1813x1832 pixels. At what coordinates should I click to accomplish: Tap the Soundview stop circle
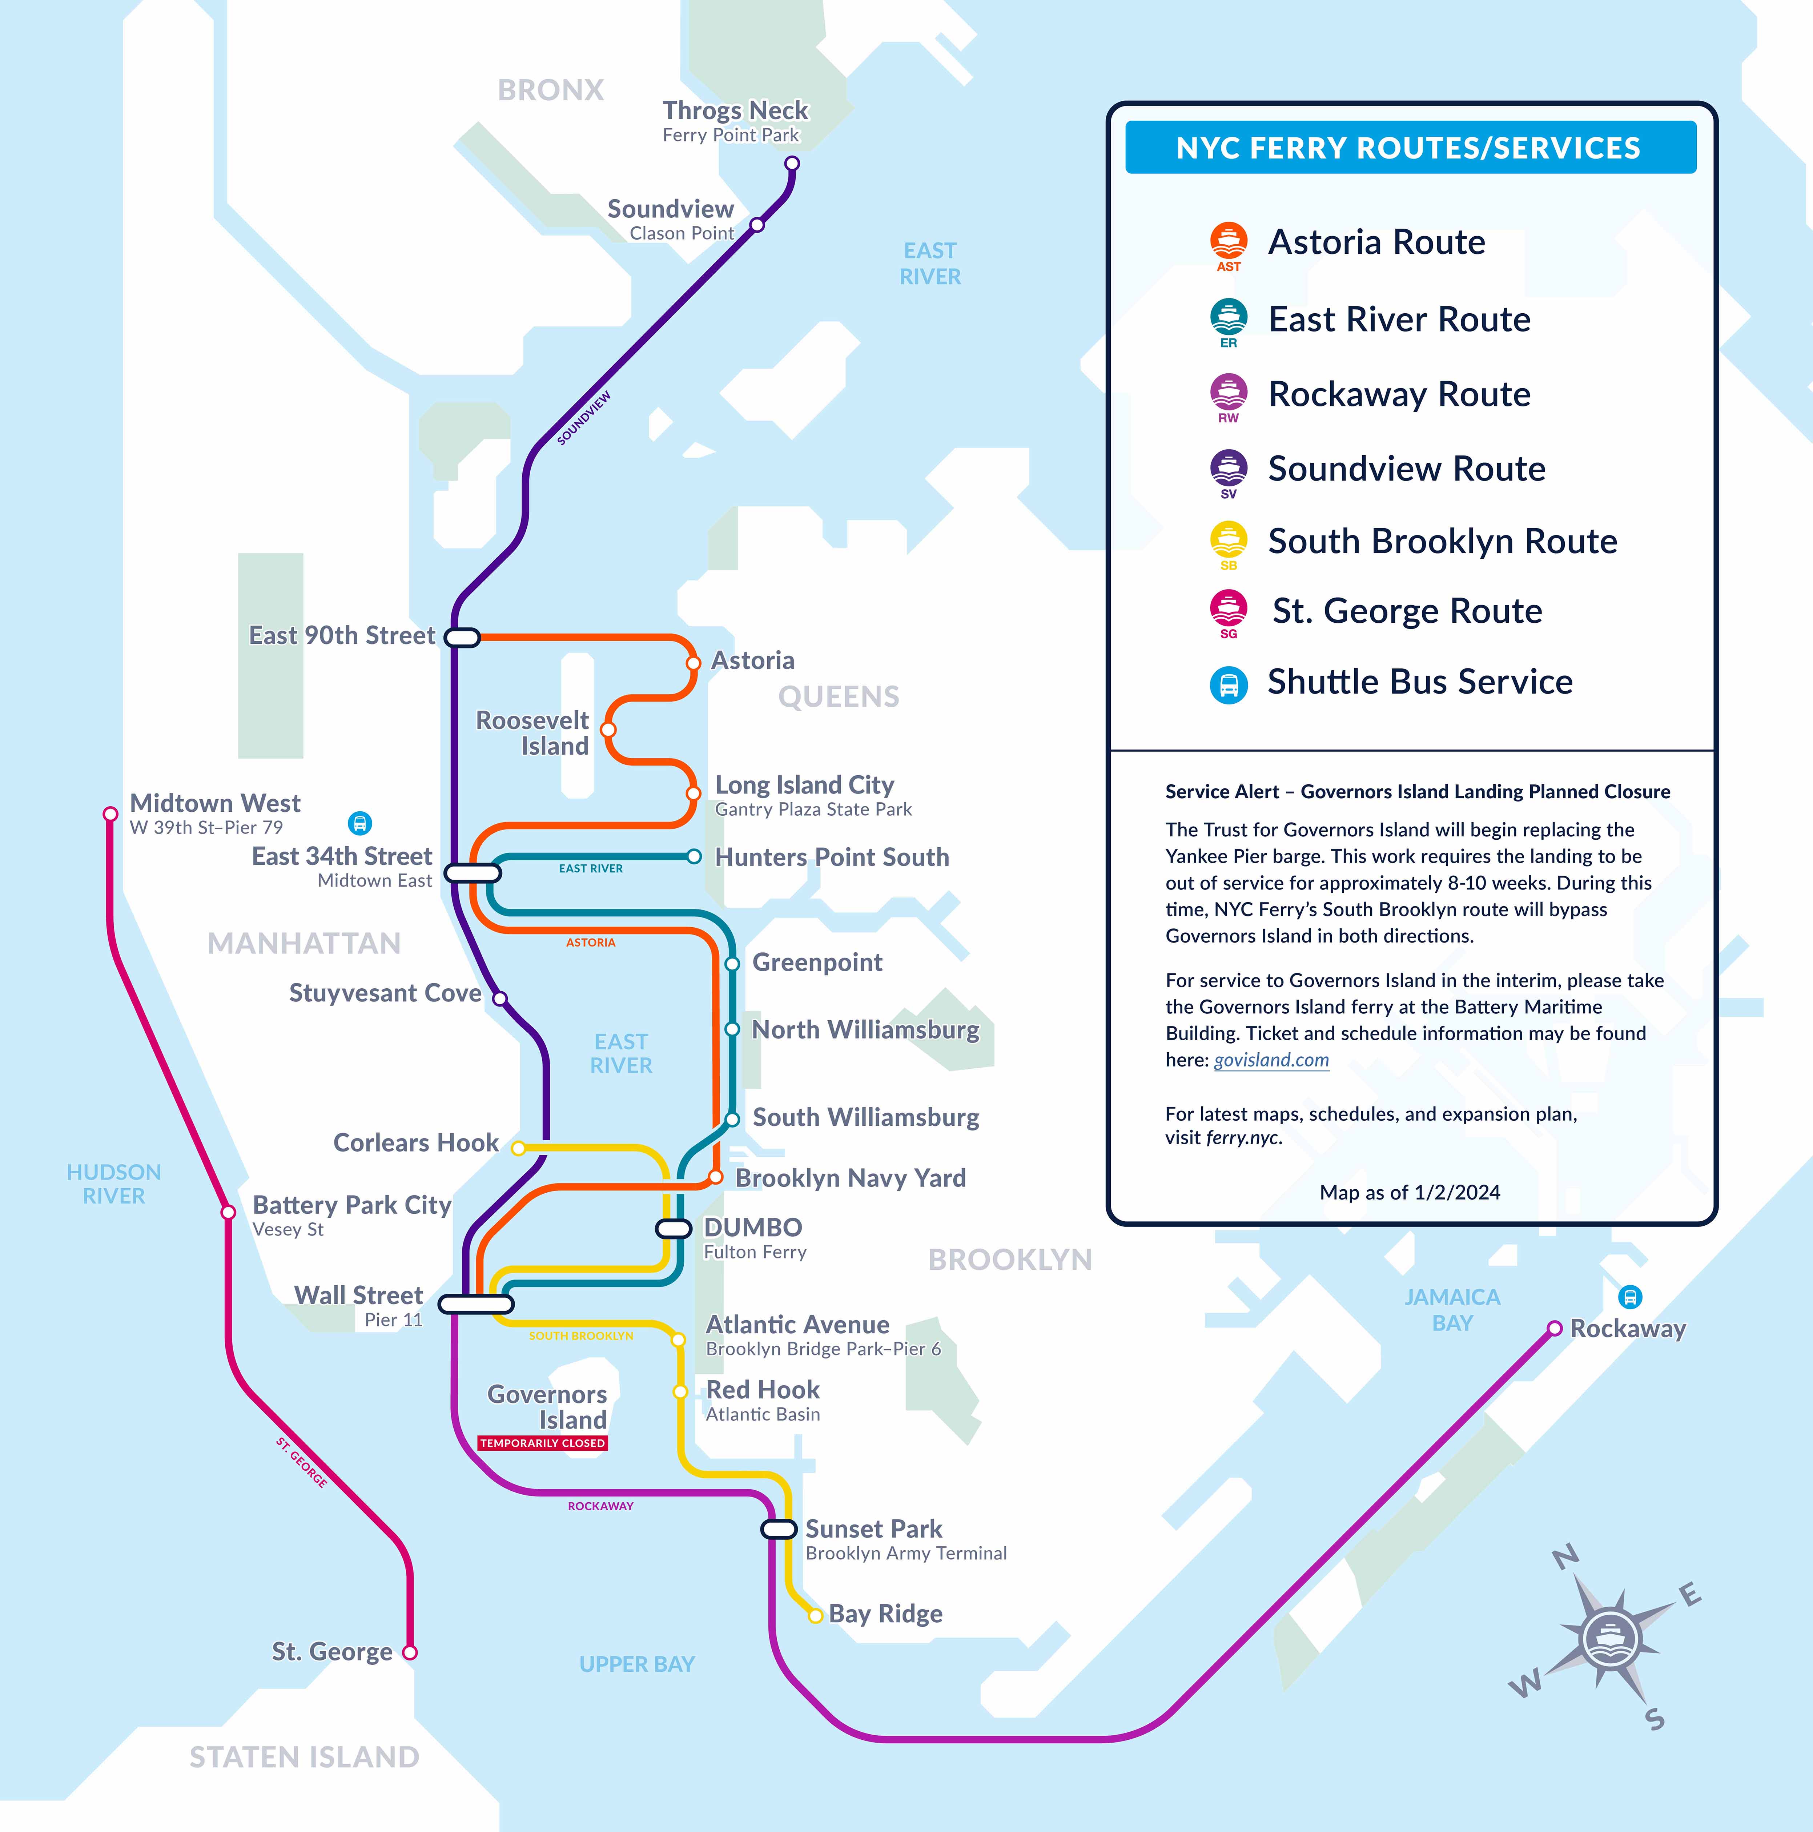pos(757,225)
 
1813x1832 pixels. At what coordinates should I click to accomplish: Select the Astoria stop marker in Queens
pos(693,663)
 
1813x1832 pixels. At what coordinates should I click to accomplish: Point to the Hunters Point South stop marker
pos(694,856)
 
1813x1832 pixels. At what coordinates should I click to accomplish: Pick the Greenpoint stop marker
pos(732,963)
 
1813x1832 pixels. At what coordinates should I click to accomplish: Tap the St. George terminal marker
pos(410,1652)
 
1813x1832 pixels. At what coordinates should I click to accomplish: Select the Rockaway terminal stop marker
pos(1554,1329)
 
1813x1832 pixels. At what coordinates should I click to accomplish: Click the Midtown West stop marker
pos(110,813)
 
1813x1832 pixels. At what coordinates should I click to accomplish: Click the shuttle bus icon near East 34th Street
pos(359,823)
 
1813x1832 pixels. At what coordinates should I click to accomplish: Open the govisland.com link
pos(1271,1060)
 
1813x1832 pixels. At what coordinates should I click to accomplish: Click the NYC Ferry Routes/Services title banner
pos(1410,148)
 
